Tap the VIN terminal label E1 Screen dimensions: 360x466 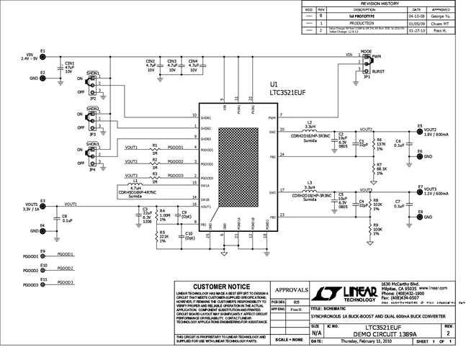click(x=43, y=51)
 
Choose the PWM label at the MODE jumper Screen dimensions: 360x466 click(x=377, y=56)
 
